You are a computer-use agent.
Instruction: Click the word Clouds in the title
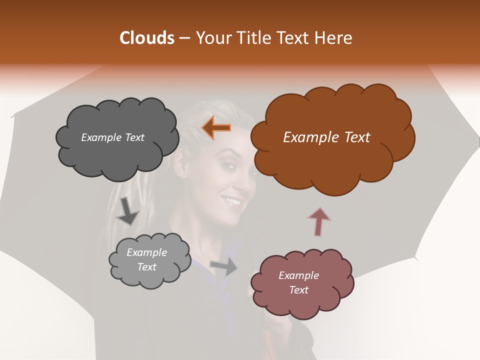click(146, 38)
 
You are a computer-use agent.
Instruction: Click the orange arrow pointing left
click(216, 128)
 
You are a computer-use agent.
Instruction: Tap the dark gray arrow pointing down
click(127, 210)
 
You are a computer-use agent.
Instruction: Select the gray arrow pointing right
click(224, 266)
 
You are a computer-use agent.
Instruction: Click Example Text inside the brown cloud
click(326, 137)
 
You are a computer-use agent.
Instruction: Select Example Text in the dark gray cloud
click(112, 137)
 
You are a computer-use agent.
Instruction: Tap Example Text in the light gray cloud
click(147, 259)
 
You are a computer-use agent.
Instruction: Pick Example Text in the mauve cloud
click(298, 282)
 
